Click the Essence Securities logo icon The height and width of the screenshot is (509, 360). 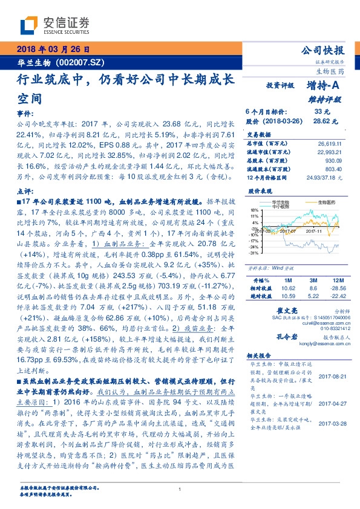point(31,26)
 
